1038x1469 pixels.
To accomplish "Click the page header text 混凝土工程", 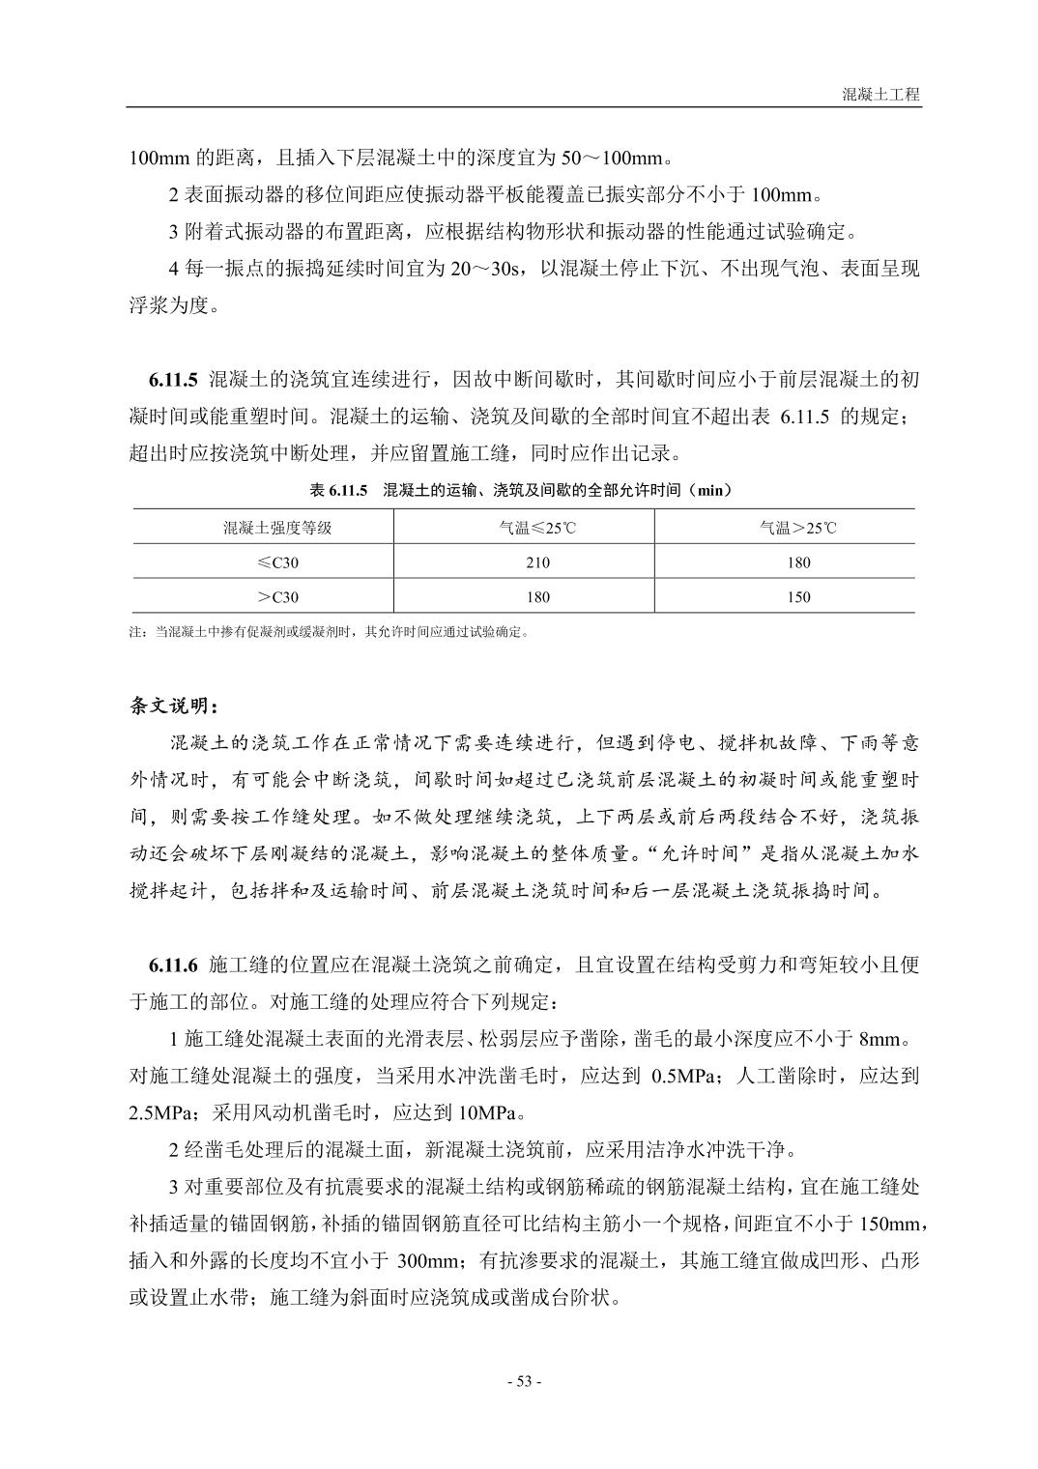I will pos(880,95).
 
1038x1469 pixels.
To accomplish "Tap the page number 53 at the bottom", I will pos(525,1381).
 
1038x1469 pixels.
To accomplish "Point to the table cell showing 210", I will pos(537,562).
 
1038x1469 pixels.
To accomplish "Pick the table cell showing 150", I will pos(798,597).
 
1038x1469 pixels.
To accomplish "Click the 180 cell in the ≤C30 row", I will pos(798,562).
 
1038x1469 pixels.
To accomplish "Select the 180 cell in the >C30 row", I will pos(537,597).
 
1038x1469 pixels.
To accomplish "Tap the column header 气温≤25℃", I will pos(537,528).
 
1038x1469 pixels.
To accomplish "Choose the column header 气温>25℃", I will pos(798,528).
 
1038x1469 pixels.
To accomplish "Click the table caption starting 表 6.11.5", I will pos(520,490).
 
